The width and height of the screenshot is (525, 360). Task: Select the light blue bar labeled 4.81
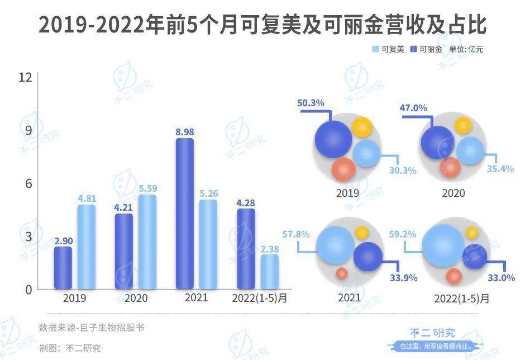point(86,247)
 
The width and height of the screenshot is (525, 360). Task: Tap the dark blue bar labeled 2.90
point(63,268)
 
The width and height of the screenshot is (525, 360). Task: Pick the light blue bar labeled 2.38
point(269,272)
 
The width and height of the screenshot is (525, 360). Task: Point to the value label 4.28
point(246,202)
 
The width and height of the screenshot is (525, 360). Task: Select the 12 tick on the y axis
point(25,78)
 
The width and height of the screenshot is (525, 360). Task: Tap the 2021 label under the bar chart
point(196,297)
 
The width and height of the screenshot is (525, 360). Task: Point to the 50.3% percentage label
point(311,103)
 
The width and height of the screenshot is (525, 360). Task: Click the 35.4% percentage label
point(500,169)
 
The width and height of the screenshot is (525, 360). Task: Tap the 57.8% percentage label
point(295,235)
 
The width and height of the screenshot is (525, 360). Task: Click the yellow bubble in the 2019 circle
point(362,127)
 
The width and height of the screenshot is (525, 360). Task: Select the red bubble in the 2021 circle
point(342,273)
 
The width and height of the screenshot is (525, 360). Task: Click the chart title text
point(262,25)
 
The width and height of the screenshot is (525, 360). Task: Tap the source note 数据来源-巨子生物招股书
point(91,328)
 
